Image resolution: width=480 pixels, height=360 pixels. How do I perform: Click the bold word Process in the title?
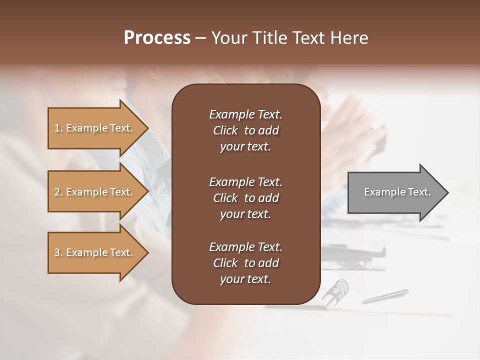point(157,38)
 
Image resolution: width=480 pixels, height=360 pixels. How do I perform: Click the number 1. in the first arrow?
point(58,128)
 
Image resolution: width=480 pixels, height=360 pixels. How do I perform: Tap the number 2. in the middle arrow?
point(58,192)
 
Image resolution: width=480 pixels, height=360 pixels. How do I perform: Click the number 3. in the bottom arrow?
point(58,252)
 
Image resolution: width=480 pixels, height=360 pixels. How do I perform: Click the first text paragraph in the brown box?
point(245,130)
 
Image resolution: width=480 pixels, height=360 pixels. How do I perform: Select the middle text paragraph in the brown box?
point(245,198)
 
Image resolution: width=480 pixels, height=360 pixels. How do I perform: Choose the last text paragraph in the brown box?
point(245,263)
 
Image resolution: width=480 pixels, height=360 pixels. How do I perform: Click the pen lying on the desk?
point(385,296)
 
